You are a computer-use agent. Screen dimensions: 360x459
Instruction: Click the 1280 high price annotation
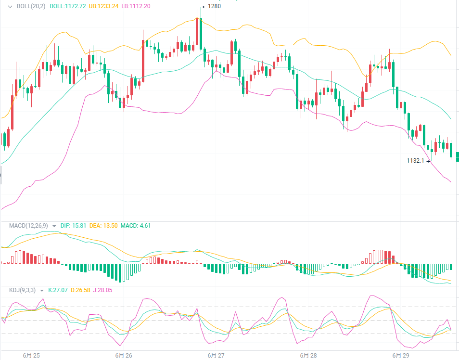tap(215, 6)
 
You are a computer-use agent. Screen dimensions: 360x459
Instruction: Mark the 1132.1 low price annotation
tap(415, 161)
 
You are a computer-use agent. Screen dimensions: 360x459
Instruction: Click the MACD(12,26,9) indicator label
tap(29, 225)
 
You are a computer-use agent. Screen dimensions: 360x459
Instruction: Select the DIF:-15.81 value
tap(73, 225)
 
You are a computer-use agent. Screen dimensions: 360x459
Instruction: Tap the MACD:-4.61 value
tap(136, 225)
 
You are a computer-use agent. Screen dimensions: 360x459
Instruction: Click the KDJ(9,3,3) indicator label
tap(23, 290)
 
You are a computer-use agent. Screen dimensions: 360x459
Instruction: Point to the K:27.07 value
tap(60, 290)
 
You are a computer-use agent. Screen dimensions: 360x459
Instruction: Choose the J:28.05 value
tap(106, 290)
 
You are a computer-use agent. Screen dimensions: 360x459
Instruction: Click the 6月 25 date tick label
tap(31, 356)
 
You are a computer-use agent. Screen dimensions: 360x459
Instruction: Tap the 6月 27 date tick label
tap(216, 356)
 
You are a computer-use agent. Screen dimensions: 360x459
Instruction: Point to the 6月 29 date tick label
tap(401, 356)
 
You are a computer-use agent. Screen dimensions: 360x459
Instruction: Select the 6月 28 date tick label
tap(308, 356)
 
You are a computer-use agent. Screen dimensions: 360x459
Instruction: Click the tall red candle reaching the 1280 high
tap(197, 34)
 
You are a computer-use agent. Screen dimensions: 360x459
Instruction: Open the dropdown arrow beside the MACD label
tap(54, 226)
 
